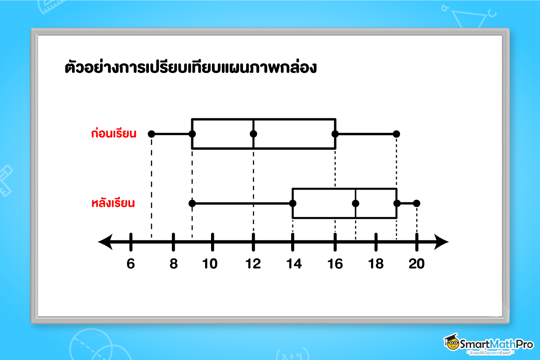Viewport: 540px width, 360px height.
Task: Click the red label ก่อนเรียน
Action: pos(114,134)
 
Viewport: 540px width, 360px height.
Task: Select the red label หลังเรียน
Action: pos(113,203)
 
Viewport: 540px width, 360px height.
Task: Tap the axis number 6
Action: pos(130,264)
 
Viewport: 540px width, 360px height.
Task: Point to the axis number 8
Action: pos(173,264)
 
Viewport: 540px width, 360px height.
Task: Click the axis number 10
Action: pos(210,264)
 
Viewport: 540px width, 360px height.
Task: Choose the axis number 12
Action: pos(253,264)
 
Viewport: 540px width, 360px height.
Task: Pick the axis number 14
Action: pos(293,264)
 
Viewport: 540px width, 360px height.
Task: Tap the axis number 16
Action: pos(335,264)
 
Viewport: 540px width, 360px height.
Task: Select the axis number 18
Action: pos(376,264)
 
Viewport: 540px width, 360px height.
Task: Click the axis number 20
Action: pos(417,264)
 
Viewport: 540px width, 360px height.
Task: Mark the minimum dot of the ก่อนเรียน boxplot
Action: pos(152,134)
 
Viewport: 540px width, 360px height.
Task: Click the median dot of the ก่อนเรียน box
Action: pos(253,134)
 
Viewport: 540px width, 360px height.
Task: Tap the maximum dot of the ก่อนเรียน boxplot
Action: pos(396,134)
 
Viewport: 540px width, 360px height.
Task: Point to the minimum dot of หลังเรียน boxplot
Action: pos(192,203)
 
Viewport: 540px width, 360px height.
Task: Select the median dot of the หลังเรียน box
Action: pos(355,203)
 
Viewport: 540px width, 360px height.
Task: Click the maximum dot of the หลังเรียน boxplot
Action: pos(417,203)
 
